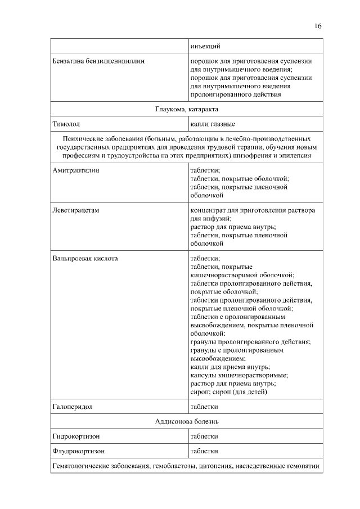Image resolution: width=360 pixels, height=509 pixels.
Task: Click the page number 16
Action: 318,26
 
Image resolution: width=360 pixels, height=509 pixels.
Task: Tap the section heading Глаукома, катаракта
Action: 187,109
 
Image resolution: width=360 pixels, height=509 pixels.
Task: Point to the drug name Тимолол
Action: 67,124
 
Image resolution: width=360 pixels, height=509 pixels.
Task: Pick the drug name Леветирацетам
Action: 75,210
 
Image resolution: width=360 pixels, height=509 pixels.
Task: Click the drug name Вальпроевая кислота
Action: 85,258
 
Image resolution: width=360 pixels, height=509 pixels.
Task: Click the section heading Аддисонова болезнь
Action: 187,421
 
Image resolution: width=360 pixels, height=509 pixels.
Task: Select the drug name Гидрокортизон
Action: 76,436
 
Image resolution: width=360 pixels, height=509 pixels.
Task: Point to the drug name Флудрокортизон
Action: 79,451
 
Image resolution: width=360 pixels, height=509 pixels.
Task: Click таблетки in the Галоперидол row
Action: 204,406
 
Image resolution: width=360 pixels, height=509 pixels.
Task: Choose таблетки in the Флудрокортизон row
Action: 204,451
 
